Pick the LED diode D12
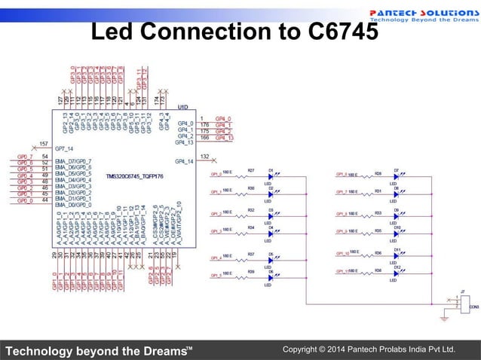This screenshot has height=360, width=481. [397, 273]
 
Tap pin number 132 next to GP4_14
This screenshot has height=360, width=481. [204, 157]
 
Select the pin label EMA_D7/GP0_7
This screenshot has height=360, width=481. [74, 161]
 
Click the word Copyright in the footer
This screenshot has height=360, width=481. [301, 349]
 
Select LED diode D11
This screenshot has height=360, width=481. [397, 254]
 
